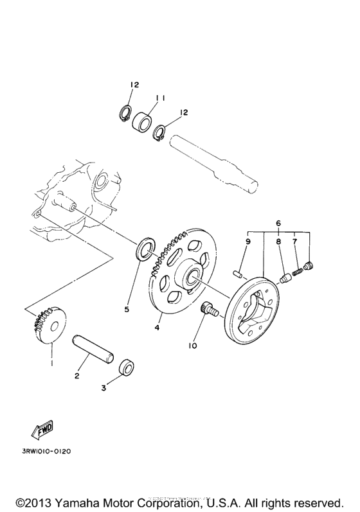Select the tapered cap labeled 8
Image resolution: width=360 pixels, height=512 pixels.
pos(284,278)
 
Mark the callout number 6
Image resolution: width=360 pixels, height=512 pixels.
pos(278,222)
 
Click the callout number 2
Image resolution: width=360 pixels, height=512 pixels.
pos(76,376)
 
